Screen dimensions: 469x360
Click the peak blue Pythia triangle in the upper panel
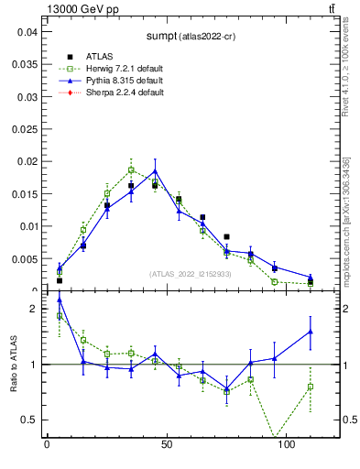[x=155, y=171]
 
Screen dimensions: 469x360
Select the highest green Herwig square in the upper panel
[x=131, y=169]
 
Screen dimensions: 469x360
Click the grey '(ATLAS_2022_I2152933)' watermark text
[x=190, y=274]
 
